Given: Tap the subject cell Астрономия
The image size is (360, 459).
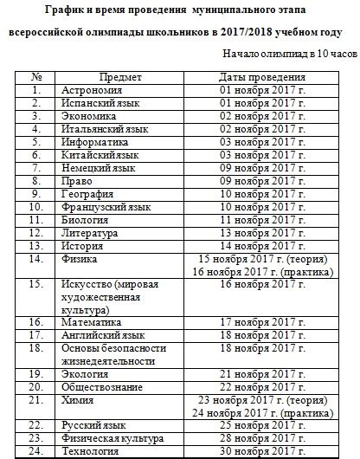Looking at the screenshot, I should coord(93,89).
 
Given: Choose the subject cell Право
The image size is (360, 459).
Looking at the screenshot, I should coord(77,181).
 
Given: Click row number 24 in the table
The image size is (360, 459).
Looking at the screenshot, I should coord(36,451).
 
